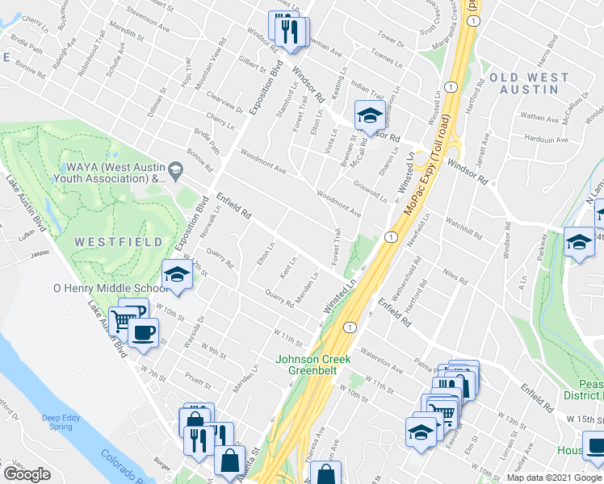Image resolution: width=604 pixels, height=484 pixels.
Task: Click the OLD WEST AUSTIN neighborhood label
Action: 527,83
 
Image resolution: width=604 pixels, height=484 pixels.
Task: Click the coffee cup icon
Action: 144,333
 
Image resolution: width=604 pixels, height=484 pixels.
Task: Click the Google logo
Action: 26,474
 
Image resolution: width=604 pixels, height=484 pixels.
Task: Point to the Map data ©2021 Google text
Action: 553,478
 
